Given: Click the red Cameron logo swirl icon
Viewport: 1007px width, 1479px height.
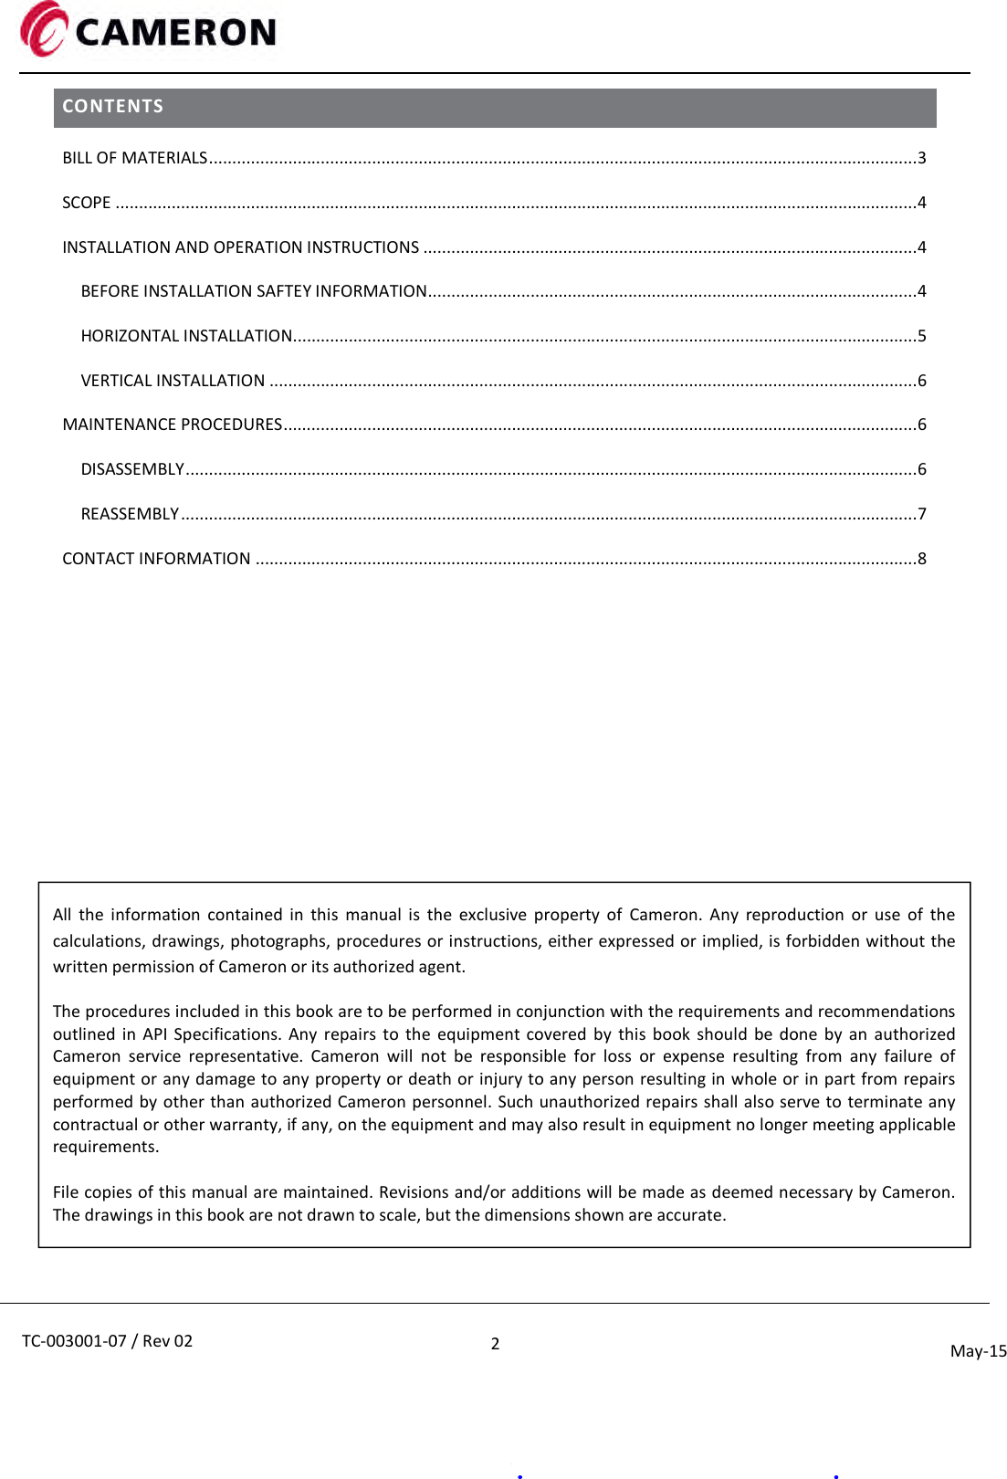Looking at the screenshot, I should pyautogui.click(x=43, y=29).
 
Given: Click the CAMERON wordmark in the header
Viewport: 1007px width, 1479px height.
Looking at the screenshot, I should pyautogui.click(x=175, y=33).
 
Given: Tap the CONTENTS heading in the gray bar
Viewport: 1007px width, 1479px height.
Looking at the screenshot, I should pyautogui.click(x=112, y=106).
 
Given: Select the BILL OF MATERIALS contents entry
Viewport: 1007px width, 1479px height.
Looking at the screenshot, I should pyautogui.click(x=135, y=158).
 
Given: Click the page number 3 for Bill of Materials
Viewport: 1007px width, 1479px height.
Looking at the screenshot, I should pyautogui.click(x=922, y=158).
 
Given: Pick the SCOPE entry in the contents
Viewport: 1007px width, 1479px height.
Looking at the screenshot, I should pyautogui.click(x=87, y=203).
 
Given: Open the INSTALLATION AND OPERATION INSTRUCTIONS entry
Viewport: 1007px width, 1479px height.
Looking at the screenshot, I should pyautogui.click(x=240, y=247).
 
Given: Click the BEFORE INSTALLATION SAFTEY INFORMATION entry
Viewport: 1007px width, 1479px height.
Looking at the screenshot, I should pyautogui.click(x=254, y=291).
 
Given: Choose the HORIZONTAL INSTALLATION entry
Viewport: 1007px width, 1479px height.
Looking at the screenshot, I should pyautogui.click(x=186, y=336).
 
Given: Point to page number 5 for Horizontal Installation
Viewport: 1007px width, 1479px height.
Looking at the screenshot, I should pyautogui.click(x=922, y=336).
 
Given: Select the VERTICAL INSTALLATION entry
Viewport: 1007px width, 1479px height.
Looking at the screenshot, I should pyautogui.click(x=173, y=381).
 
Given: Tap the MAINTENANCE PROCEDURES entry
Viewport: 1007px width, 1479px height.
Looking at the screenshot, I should pyautogui.click(x=172, y=425).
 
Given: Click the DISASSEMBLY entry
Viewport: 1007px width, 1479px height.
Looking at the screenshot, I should pyautogui.click(x=132, y=469).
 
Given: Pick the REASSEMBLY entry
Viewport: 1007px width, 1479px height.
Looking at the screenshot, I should pyautogui.click(x=130, y=514).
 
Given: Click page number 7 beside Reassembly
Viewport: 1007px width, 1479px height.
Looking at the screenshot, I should pyautogui.click(x=922, y=514).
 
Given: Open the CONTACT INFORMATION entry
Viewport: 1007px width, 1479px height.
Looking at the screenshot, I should pyautogui.click(x=156, y=559).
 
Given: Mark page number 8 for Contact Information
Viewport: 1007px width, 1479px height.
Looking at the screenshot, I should pyautogui.click(x=922, y=559).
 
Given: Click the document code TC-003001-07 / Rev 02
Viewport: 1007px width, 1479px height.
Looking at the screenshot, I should pyautogui.click(x=108, y=1341).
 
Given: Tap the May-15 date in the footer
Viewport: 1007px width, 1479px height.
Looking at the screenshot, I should pyautogui.click(x=978, y=1351).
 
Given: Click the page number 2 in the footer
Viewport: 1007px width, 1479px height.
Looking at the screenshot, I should pyautogui.click(x=495, y=1344).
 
